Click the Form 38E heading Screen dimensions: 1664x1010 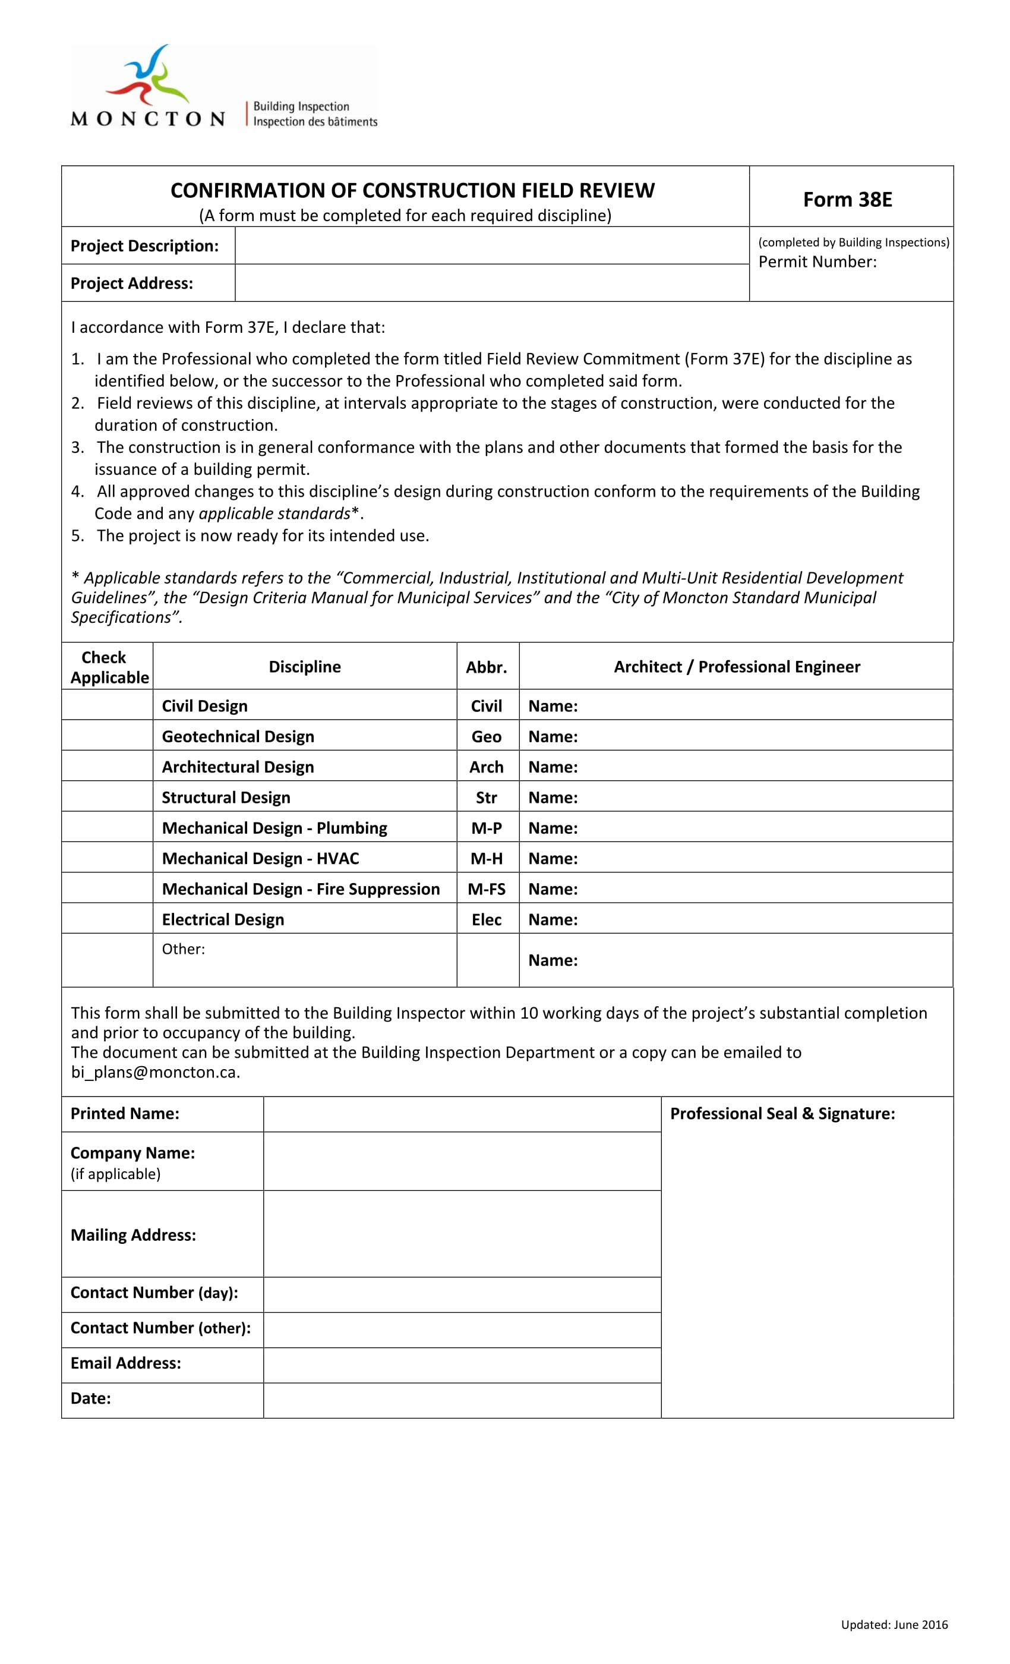coord(847,199)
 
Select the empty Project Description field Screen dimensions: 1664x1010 coord(491,245)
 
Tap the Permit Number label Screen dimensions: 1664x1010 coord(817,262)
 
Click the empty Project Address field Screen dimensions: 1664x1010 coord(491,283)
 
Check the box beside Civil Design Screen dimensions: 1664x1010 coord(107,705)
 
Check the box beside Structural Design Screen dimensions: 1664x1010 coord(107,797)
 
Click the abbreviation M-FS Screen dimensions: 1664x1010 coord(486,888)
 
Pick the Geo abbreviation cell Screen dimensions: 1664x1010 coord(486,736)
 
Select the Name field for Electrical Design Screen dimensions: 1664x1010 coord(763,919)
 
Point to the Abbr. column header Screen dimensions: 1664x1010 coord(486,667)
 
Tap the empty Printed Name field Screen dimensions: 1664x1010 coord(462,1114)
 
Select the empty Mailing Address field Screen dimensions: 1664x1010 coord(462,1234)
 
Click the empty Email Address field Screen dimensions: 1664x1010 coord(462,1363)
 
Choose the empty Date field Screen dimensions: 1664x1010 coord(462,1398)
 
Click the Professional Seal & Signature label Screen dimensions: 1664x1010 coord(782,1114)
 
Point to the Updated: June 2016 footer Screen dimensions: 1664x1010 coord(894,1624)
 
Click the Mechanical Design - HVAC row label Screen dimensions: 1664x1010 coord(260,858)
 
